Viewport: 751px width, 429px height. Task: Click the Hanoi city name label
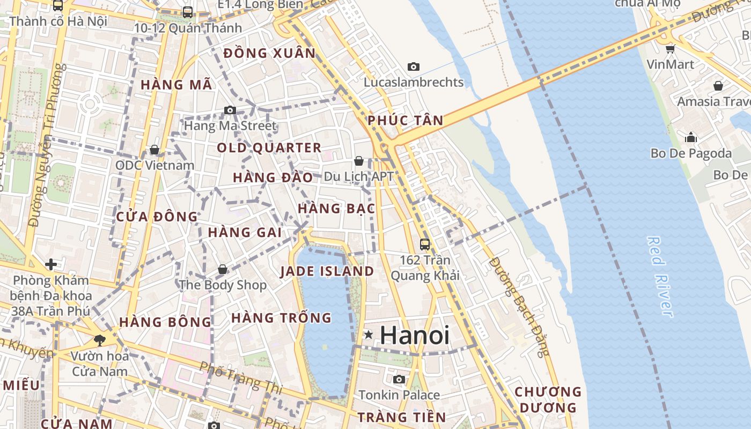[414, 336]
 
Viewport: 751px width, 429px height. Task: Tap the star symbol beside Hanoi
[368, 335]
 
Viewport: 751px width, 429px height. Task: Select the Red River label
[659, 277]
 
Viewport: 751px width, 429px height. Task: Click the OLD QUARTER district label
[269, 148]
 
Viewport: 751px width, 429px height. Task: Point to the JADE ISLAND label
[327, 271]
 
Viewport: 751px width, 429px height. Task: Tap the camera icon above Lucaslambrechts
[413, 67]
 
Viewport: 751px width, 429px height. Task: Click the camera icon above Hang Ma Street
[230, 110]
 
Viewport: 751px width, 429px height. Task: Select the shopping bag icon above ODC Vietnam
[154, 150]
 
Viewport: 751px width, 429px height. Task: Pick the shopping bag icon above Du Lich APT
[359, 161]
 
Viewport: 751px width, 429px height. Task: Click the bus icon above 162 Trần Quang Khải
[425, 245]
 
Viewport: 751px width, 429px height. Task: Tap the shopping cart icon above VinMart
[670, 49]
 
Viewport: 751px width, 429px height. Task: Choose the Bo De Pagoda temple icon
[691, 138]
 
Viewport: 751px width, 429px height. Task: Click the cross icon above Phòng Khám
[51, 264]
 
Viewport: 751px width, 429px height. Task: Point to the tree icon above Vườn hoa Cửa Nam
[99, 339]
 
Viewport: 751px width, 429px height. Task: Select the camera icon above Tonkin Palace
[399, 380]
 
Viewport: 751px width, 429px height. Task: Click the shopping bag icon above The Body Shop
[223, 269]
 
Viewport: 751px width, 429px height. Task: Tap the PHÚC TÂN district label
[406, 121]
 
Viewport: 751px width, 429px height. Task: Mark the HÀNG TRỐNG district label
[281, 318]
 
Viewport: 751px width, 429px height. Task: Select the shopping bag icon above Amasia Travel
[718, 86]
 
